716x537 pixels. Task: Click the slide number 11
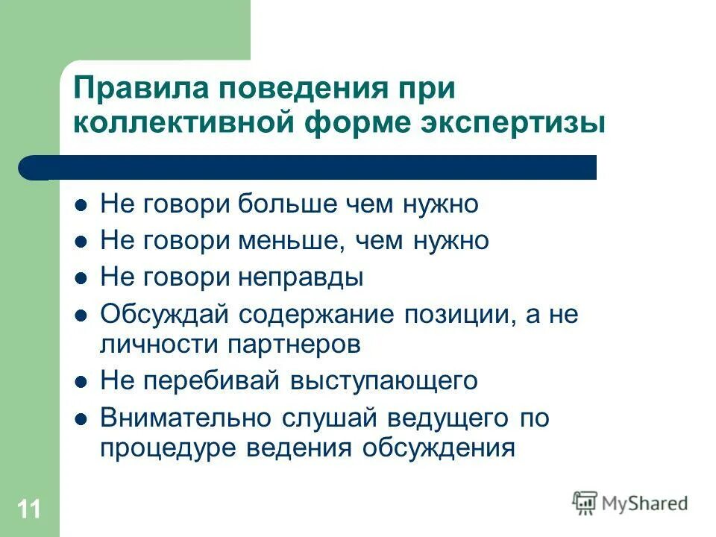(x=28, y=510)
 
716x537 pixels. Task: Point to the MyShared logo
(x=630, y=503)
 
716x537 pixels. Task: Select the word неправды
(x=301, y=277)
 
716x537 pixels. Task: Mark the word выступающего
(x=384, y=381)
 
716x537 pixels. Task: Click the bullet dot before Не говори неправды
(x=83, y=278)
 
